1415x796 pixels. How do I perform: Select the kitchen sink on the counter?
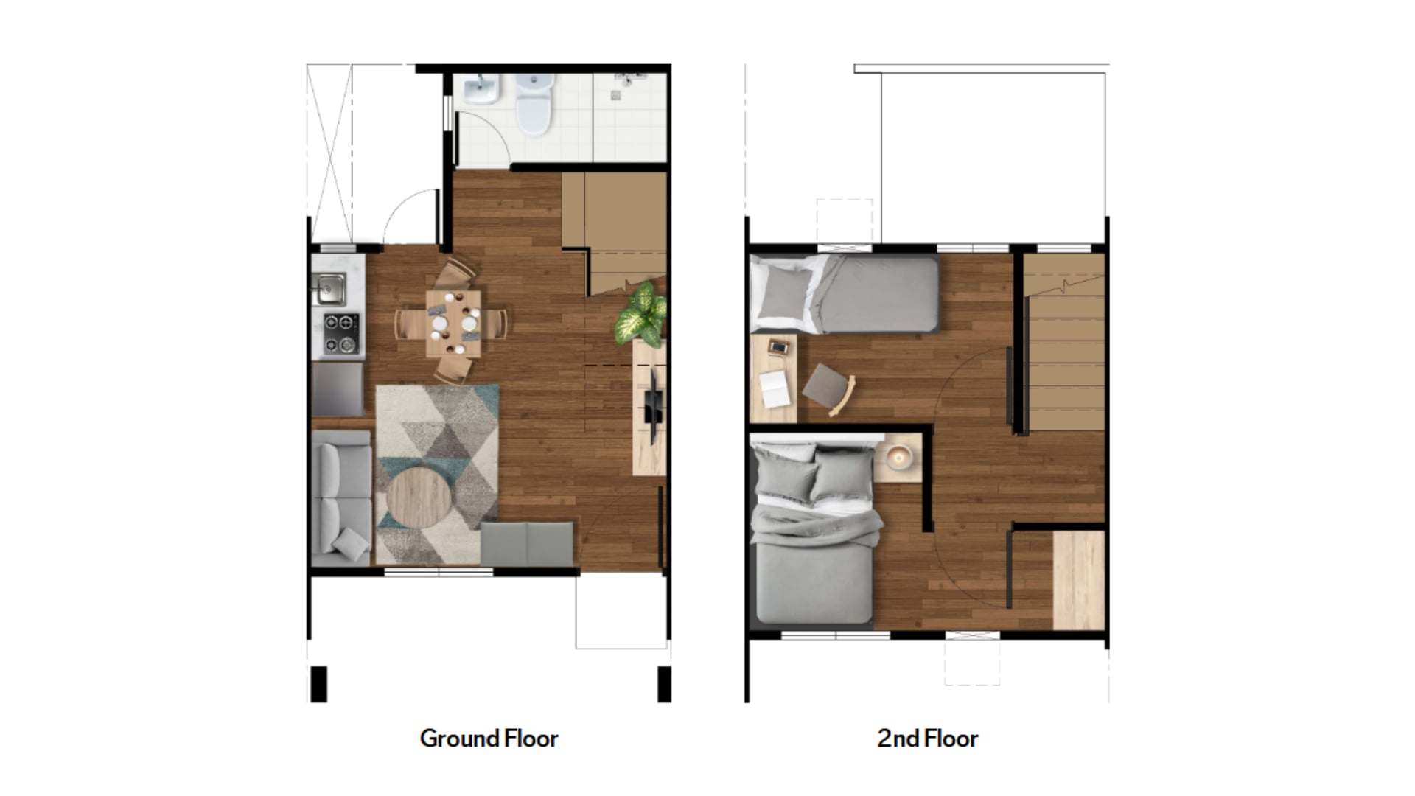[x=329, y=288]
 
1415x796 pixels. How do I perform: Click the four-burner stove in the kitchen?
[x=341, y=333]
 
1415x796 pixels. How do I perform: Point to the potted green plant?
[x=643, y=314]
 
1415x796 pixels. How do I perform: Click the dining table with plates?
[x=453, y=324]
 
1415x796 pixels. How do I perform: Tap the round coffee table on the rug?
[x=419, y=498]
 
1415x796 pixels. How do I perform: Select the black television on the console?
[x=653, y=405]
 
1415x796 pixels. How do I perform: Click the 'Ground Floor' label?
[x=489, y=739]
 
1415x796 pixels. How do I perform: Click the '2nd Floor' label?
[x=927, y=739]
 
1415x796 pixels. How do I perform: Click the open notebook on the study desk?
[x=775, y=388]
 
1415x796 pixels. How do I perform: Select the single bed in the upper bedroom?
[x=844, y=294]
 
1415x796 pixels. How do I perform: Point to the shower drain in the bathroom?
[x=615, y=96]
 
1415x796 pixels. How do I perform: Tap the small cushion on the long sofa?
[x=351, y=544]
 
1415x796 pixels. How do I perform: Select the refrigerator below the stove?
[x=338, y=389]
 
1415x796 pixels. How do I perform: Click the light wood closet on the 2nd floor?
[x=1078, y=580]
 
